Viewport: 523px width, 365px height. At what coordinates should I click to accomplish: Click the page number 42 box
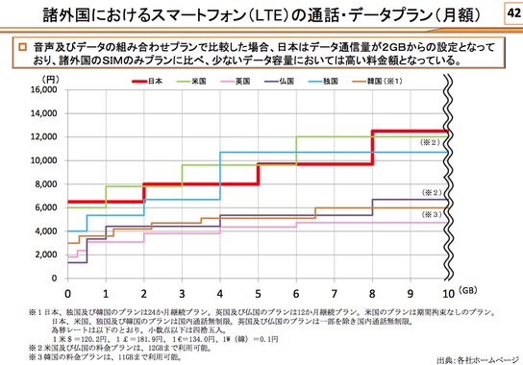coord(507,12)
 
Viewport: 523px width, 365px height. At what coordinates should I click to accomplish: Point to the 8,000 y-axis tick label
coord(43,183)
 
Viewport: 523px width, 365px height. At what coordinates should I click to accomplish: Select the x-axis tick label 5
coord(258,292)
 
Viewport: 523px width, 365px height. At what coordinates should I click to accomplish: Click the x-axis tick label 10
coord(446,292)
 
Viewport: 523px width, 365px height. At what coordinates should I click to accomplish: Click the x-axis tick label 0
coord(68,292)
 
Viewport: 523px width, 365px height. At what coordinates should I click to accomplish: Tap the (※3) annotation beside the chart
coord(431,214)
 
